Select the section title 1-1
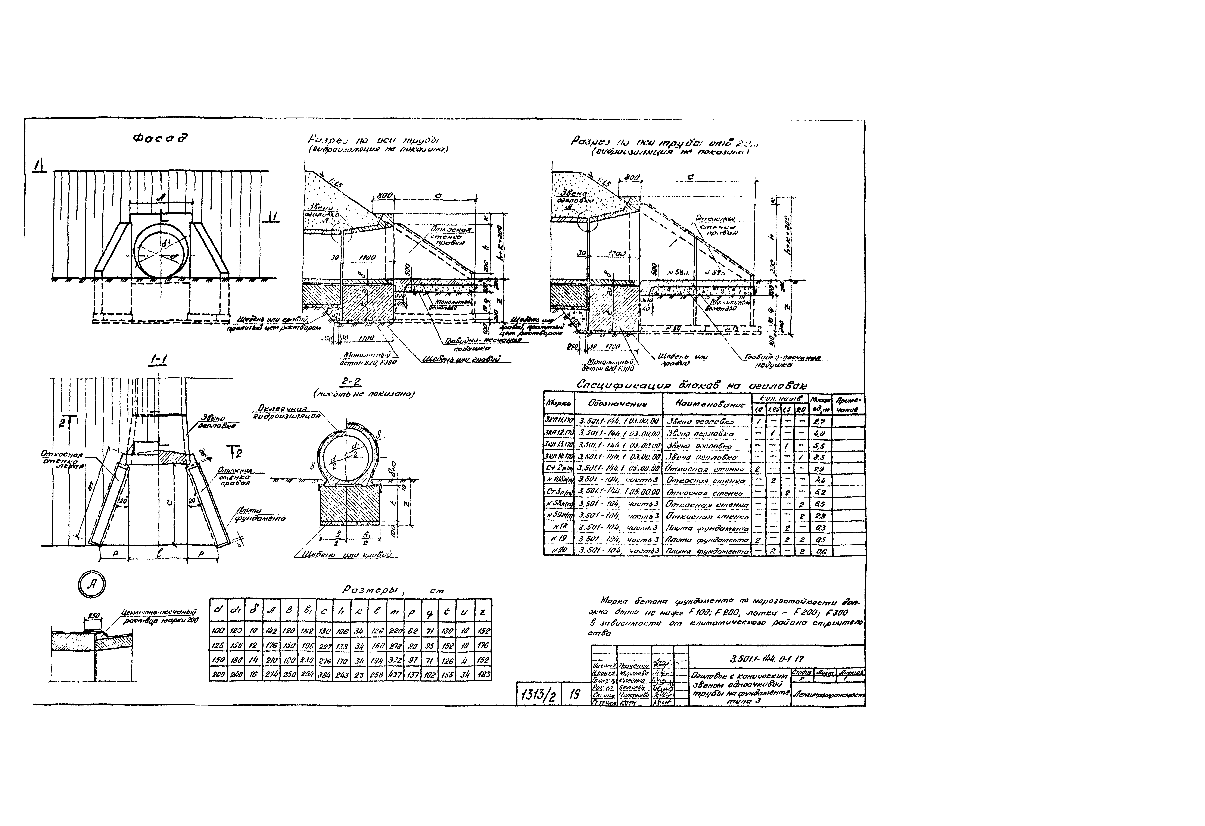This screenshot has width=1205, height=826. pyautogui.click(x=158, y=360)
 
